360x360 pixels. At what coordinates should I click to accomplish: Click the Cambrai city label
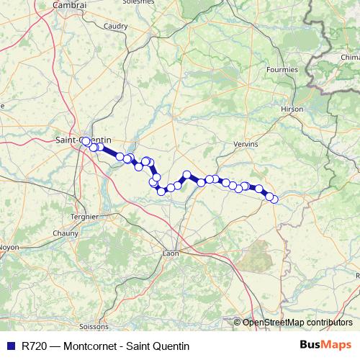pyautogui.click(x=70, y=5)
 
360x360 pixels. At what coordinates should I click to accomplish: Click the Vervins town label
pyautogui.click(x=246, y=144)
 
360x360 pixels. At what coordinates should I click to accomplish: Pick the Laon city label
pyautogui.click(x=171, y=253)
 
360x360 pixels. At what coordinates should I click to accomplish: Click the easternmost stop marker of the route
pyautogui.click(x=274, y=199)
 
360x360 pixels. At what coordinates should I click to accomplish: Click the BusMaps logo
pyautogui.click(x=325, y=346)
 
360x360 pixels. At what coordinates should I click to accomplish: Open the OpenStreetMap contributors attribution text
pyautogui.click(x=297, y=323)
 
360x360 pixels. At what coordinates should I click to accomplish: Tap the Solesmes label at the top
pyautogui.click(x=138, y=2)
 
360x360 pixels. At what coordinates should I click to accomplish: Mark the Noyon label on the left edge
pyautogui.click(x=7, y=247)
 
